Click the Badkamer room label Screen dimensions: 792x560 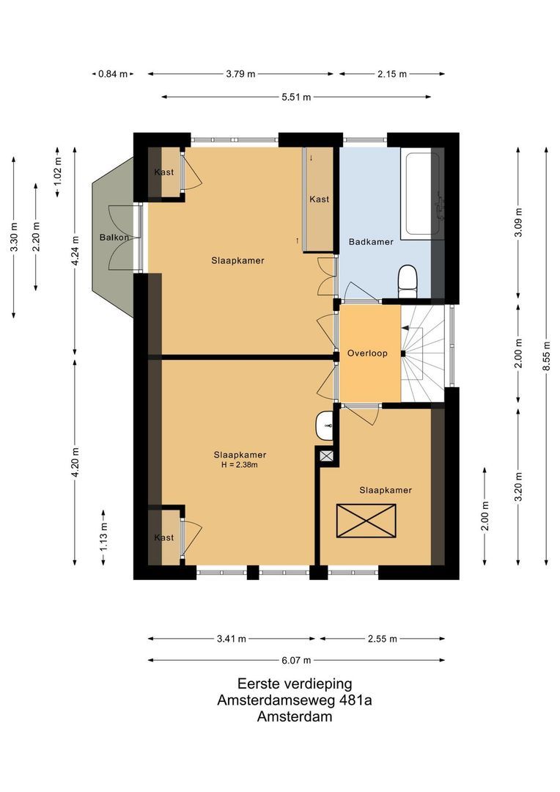371,241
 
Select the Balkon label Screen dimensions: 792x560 114,237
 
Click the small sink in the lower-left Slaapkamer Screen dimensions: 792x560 325,425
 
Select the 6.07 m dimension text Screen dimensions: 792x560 296,659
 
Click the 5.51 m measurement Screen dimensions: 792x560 296,97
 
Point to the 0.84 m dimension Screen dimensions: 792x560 113,73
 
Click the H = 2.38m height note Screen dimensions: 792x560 240,464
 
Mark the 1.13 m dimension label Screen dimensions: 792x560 103,537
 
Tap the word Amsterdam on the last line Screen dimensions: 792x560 295,716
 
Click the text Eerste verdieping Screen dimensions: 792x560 295,683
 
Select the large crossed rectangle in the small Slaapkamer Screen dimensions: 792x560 366,521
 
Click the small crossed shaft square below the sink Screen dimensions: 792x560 326,455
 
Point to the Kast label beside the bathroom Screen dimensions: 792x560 320,199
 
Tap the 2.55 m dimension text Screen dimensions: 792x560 382,639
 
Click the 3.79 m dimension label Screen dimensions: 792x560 240,73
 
